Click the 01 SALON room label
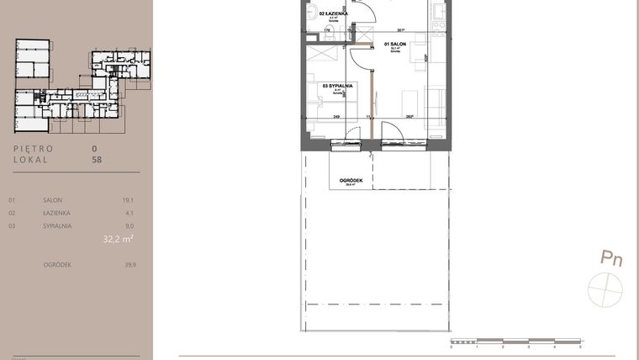pyautogui.click(x=395, y=43)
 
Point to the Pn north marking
pyautogui.click(x=610, y=258)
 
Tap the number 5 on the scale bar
pyautogui.click(x=580, y=347)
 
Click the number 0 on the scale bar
pyautogui.click(x=452, y=347)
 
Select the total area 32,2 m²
pyautogui.click(x=118, y=239)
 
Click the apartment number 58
pyautogui.click(x=97, y=158)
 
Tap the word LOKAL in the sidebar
pyautogui.click(x=30, y=158)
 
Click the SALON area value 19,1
pyautogui.click(x=129, y=201)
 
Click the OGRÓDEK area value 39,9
pyautogui.click(x=129, y=264)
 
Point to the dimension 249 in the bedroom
pyautogui.click(x=335, y=117)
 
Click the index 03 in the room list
pyautogui.click(x=12, y=226)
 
